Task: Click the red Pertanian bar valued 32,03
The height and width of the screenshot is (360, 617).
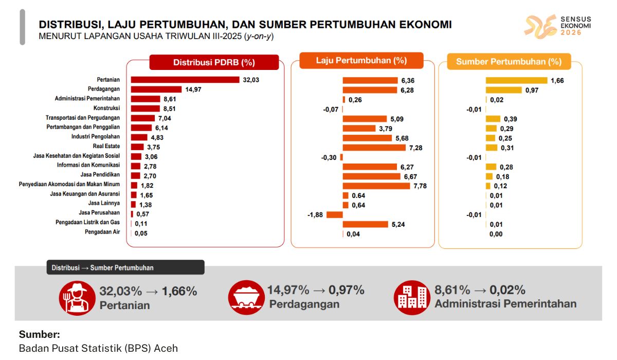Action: (185, 80)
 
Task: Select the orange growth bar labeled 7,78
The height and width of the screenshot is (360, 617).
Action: (376, 186)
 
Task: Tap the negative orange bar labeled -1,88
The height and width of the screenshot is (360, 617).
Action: (334, 214)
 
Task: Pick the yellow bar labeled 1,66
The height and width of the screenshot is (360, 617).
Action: (516, 80)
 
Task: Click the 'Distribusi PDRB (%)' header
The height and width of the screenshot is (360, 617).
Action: (214, 63)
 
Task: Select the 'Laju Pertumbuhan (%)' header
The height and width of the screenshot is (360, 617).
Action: (361, 60)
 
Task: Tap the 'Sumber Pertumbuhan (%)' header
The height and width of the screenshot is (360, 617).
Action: (509, 62)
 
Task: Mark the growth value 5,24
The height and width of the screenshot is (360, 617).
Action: (398, 224)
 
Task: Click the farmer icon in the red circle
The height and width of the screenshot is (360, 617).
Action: (77, 298)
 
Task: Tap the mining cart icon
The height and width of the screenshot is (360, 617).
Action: (246, 298)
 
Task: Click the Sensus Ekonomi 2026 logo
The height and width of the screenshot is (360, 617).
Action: (558, 26)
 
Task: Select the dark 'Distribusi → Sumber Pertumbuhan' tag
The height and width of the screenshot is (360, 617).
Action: (125, 267)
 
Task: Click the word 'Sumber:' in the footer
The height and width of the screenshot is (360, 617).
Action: (39, 334)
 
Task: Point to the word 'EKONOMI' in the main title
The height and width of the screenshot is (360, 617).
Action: (418, 24)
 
